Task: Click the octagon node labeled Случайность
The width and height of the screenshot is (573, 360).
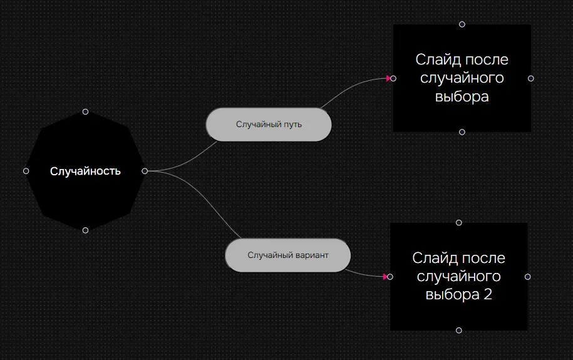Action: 85,171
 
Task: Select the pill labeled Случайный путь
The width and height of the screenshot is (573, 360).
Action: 269,124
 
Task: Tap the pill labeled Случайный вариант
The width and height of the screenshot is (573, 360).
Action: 287,255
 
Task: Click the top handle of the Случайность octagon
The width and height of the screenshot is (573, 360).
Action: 85,111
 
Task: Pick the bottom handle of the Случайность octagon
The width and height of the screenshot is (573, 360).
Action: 85,230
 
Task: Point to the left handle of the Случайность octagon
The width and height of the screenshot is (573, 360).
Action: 26,171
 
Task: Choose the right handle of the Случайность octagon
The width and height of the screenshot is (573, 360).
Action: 145,171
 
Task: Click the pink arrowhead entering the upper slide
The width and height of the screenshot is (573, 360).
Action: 389,78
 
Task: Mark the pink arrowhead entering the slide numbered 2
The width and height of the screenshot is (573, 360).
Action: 385,276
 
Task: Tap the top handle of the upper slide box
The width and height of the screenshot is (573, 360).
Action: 462,24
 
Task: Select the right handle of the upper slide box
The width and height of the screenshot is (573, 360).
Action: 531,78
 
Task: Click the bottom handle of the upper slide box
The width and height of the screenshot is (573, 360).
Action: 462,132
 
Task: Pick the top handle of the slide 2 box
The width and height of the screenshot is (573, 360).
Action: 459,222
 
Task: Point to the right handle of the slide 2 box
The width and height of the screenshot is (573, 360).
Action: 528,276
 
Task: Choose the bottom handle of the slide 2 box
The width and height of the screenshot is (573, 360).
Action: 459,330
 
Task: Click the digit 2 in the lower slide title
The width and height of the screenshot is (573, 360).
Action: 488,294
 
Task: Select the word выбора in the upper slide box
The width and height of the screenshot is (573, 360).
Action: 462,97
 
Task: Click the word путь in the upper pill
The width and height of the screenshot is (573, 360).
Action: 292,124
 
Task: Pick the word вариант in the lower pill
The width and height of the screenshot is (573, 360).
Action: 313,255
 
